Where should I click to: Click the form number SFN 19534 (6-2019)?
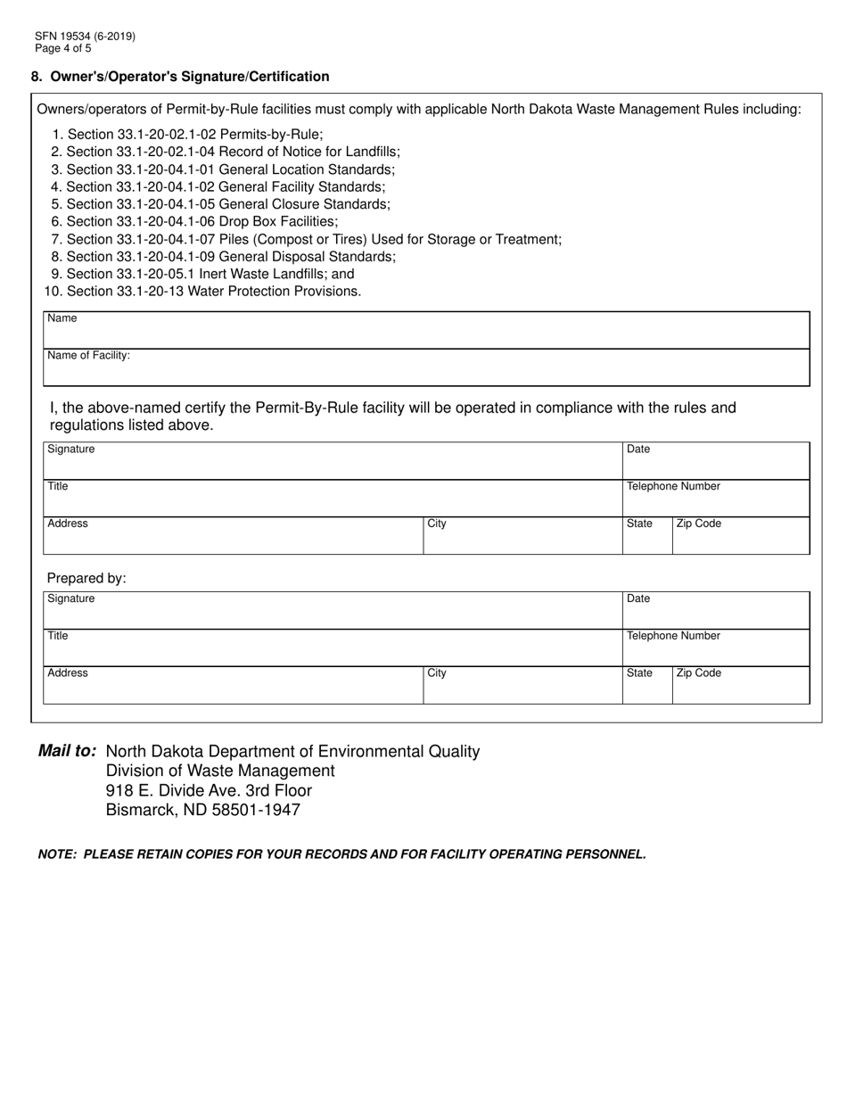tap(86, 37)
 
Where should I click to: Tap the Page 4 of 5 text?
tap(63, 48)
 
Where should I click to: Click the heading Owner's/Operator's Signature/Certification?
tap(189, 77)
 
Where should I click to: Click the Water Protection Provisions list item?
tap(202, 291)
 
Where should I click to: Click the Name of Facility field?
tap(426, 367)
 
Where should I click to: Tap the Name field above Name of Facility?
tap(426, 330)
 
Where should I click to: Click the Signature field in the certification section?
tap(333, 461)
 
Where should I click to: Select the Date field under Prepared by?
tap(716, 611)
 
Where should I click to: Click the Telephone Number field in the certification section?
tap(716, 499)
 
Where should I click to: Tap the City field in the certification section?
tap(522, 536)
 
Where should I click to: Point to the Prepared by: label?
tap(86, 578)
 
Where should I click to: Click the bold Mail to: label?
tap(68, 751)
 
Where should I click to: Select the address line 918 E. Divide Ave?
tap(209, 790)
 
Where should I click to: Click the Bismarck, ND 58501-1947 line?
tap(203, 810)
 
